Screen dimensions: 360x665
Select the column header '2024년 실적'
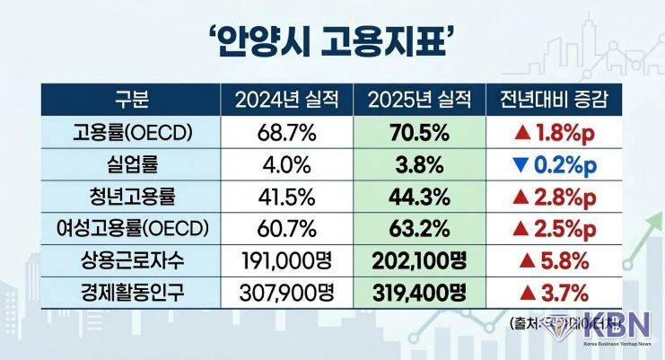(285, 100)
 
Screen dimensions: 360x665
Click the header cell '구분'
(131, 100)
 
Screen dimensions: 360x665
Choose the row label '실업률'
(131, 165)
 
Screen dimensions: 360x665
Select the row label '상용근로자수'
(131, 261)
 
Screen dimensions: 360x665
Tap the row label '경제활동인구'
(131, 293)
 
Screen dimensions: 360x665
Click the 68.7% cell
(285, 133)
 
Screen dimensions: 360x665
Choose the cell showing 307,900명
(285, 293)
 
